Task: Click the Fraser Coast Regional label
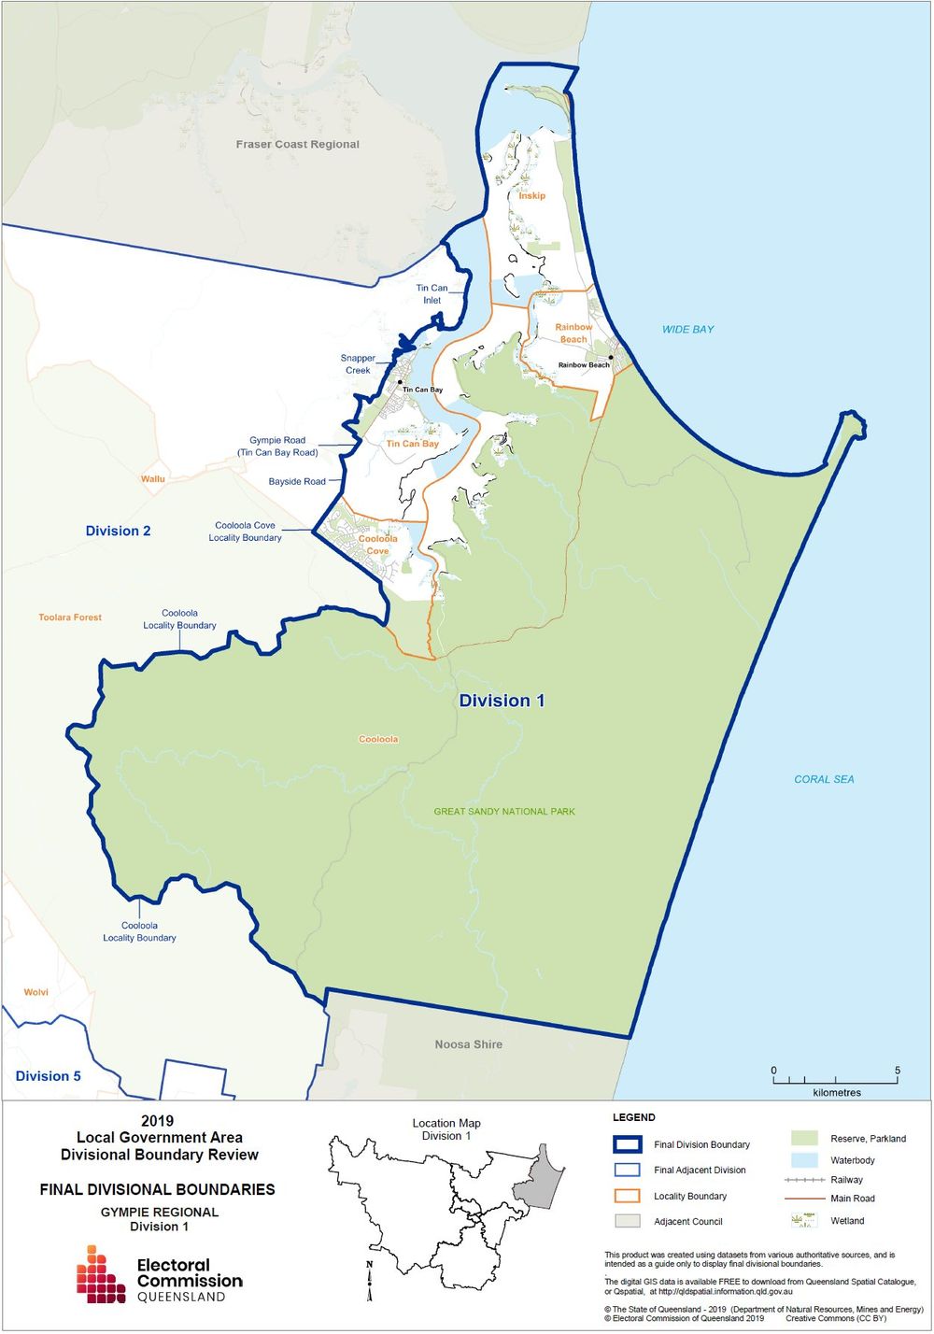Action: [297, 145]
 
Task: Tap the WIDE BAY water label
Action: [687, 330]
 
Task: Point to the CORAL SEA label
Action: [824, 779]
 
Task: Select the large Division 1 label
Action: [502, 701]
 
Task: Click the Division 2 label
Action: [118, 531]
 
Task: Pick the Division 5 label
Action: [48, 1076]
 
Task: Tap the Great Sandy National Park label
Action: [504, 812]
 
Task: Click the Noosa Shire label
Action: [468, 1044]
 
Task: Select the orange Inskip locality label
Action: [531, 196]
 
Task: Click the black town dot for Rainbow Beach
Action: [611, 358]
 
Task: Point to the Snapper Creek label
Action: [358, 364]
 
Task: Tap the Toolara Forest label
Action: [70, 617]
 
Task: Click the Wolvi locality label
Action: [35, 992]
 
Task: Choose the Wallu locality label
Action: [152, 479]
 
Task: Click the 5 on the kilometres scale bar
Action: [897, 1071]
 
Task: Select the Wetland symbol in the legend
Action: [803, 1220]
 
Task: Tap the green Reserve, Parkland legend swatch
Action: [803, 1138]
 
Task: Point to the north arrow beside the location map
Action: [370, 1280]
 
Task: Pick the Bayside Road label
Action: [297, 482]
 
